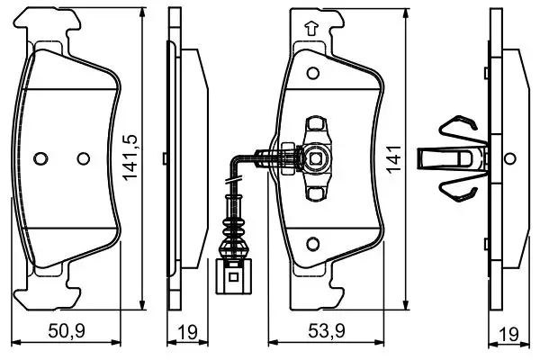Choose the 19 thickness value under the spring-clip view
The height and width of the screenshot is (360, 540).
509,333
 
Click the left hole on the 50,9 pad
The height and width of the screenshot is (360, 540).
39,158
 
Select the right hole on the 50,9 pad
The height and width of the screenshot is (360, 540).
84,158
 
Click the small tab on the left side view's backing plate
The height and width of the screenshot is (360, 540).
164,158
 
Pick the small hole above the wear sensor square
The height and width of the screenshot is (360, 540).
315,121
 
